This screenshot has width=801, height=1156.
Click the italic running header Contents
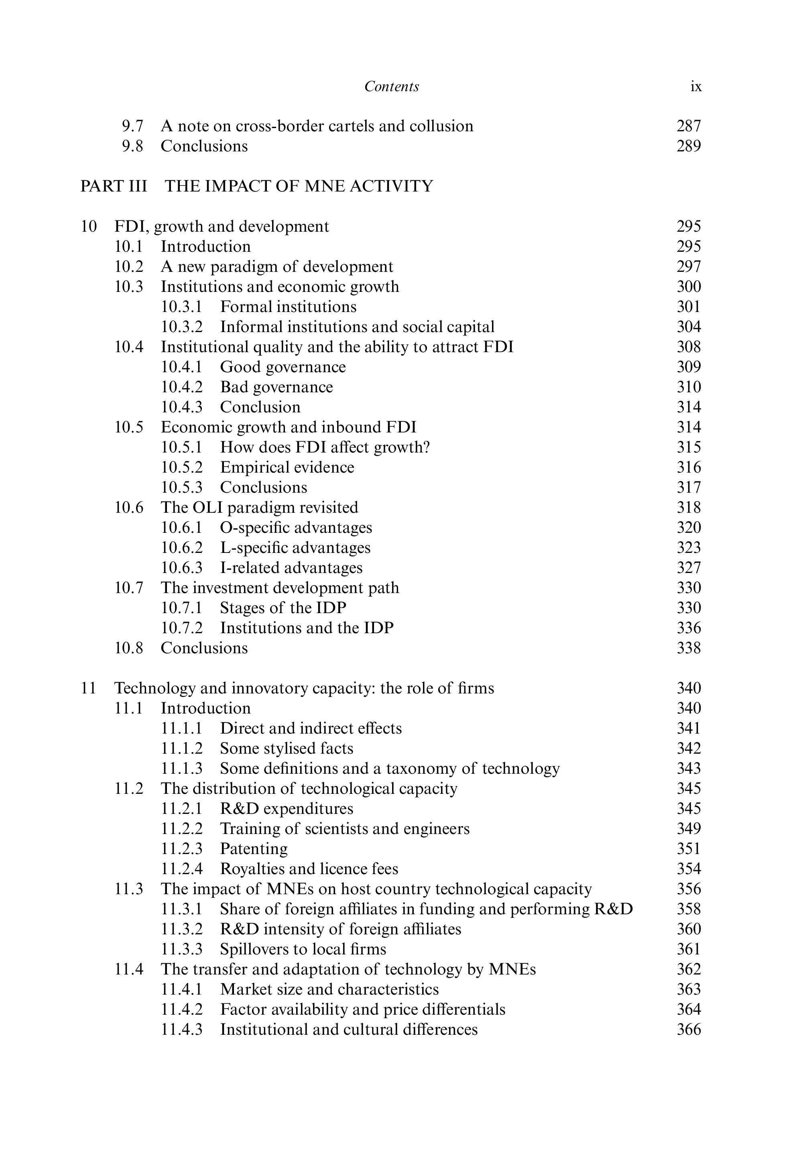click(391, 86)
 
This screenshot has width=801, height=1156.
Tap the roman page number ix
click(695, 86)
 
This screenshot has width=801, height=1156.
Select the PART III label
click(114, 186)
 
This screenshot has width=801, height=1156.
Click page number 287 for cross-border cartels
click(689, 126)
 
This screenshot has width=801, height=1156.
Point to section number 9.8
click(132, 146)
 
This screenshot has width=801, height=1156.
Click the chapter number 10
click(88, 226)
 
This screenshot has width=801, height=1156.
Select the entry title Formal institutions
click(288, 307)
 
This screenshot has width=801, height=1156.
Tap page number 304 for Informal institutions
click(689, 327)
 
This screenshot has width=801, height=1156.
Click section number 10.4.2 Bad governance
click(182, 387)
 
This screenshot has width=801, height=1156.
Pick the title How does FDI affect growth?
click(325, 447)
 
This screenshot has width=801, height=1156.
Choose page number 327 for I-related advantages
click(689, 568)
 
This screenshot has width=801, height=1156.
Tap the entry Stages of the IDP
click(283, 608)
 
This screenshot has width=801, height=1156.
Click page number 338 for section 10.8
click(689, 648)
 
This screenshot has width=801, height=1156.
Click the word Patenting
click(254, 849)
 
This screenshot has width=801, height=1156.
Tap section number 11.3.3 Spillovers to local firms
click(182, 949)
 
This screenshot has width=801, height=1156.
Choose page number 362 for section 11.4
click(689, 969)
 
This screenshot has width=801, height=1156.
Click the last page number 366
click(689, 1030)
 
